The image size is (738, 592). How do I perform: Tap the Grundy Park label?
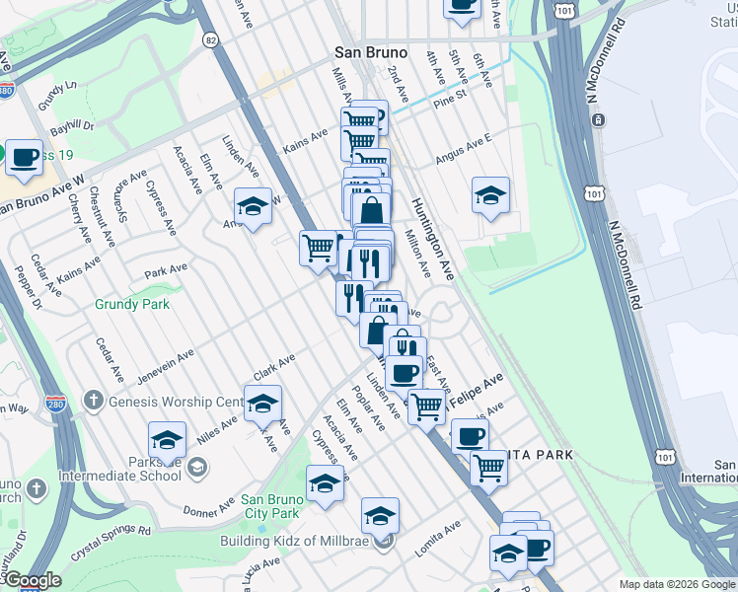[132, 304]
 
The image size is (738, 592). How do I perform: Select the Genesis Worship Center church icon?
[94, 401]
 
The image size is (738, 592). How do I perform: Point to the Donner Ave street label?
[208, 506]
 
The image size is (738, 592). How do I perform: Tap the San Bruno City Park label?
[271, 506]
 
